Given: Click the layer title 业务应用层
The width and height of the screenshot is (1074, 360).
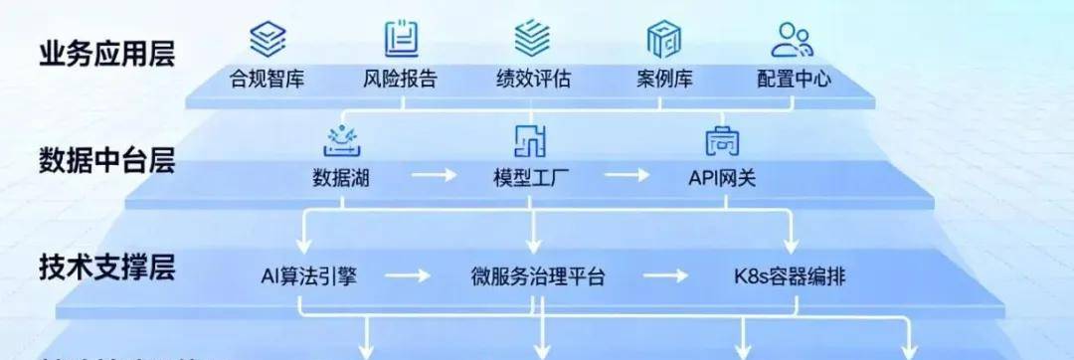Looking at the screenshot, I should (107, 53).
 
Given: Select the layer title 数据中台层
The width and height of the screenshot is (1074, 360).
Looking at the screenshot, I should (107, 160).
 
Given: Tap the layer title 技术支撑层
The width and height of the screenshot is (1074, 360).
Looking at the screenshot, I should (107, 267).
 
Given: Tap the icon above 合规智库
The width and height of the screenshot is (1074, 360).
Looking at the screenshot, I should (267, 39).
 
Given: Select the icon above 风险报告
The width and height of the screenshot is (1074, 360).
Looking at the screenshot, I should (401, 39).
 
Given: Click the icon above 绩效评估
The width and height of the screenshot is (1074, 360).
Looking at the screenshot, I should (533, 39).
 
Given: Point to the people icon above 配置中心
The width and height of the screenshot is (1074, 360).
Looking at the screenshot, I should (792, 39).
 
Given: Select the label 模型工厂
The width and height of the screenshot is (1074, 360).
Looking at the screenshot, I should (530, 178).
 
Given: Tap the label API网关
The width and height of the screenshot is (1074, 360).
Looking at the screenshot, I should (722, 178).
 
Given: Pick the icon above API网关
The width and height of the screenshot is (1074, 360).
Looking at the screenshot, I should (722, 142).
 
